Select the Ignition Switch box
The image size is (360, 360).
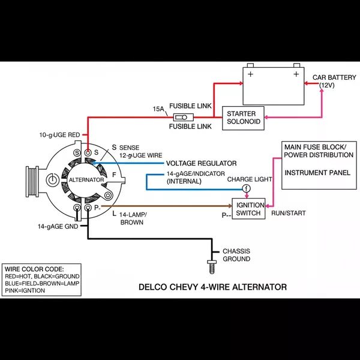tap(248, 209)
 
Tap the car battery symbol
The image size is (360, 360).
tap(273, 85)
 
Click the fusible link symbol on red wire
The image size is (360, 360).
tap(182, 117)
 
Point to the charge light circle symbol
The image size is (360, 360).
tap(245, 188)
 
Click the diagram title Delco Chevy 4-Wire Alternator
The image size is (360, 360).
tap(212, 287)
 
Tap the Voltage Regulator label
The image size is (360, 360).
tap(201, 163)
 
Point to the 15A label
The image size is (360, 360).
tap(158, 109)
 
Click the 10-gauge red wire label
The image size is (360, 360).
tap(59, 135)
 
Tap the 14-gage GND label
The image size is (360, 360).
tap(58, 227)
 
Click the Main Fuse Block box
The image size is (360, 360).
tap(317, 165)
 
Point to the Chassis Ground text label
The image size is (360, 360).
tap(236, 255)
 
